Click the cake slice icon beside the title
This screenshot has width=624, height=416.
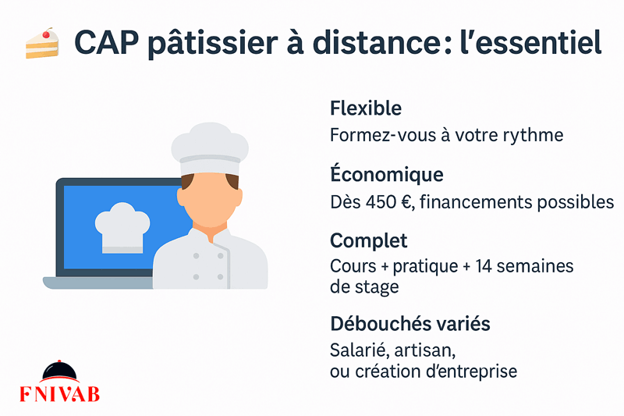point(42,44)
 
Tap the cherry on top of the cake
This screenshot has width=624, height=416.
point(46,34)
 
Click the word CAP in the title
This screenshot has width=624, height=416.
point(107,43)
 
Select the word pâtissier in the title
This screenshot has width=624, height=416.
point(213,43)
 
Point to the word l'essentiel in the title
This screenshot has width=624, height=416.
point(530,41)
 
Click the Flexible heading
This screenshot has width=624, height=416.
point(366,108)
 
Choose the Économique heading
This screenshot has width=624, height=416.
point(386,173)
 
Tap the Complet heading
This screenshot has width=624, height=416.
point(368,241)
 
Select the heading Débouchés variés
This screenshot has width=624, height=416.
point(410,323)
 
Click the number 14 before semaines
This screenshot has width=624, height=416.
point(484,266)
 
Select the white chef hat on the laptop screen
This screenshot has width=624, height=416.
point(122,227)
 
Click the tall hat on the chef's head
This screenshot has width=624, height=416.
point(210,149)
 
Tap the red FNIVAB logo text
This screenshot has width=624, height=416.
point(60,394)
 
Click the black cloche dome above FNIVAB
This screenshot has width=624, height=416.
point(60,371)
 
